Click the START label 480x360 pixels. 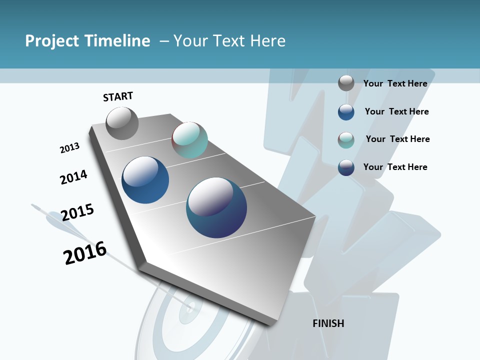click(x=118, y=96)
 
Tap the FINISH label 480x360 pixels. click(x=328, y=323)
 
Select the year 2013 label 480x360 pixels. click(x=69, y=148)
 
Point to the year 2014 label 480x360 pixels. click(x=73, y=177)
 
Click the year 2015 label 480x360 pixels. click(x=77, y=212)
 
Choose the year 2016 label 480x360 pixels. click(x=85, y=253)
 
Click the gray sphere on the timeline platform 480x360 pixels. click(x=122, y=123)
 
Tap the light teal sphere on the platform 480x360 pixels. click(x=189, y=140)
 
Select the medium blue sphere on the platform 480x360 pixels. click(x=145, y=180)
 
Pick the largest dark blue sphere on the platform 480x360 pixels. click(x=216, y=207)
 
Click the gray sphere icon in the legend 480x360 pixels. click(x=346, y=83)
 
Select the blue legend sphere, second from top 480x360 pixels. click(x=346, y=112)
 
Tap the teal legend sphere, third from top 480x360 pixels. click(x=346, y=140)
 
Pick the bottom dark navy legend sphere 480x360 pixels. click(x=346, y=167)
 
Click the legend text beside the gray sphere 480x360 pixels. click(x=395, y=83)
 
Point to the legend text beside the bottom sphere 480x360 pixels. click(x=395, y=167)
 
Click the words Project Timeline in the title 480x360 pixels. click(x=87, y=41)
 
